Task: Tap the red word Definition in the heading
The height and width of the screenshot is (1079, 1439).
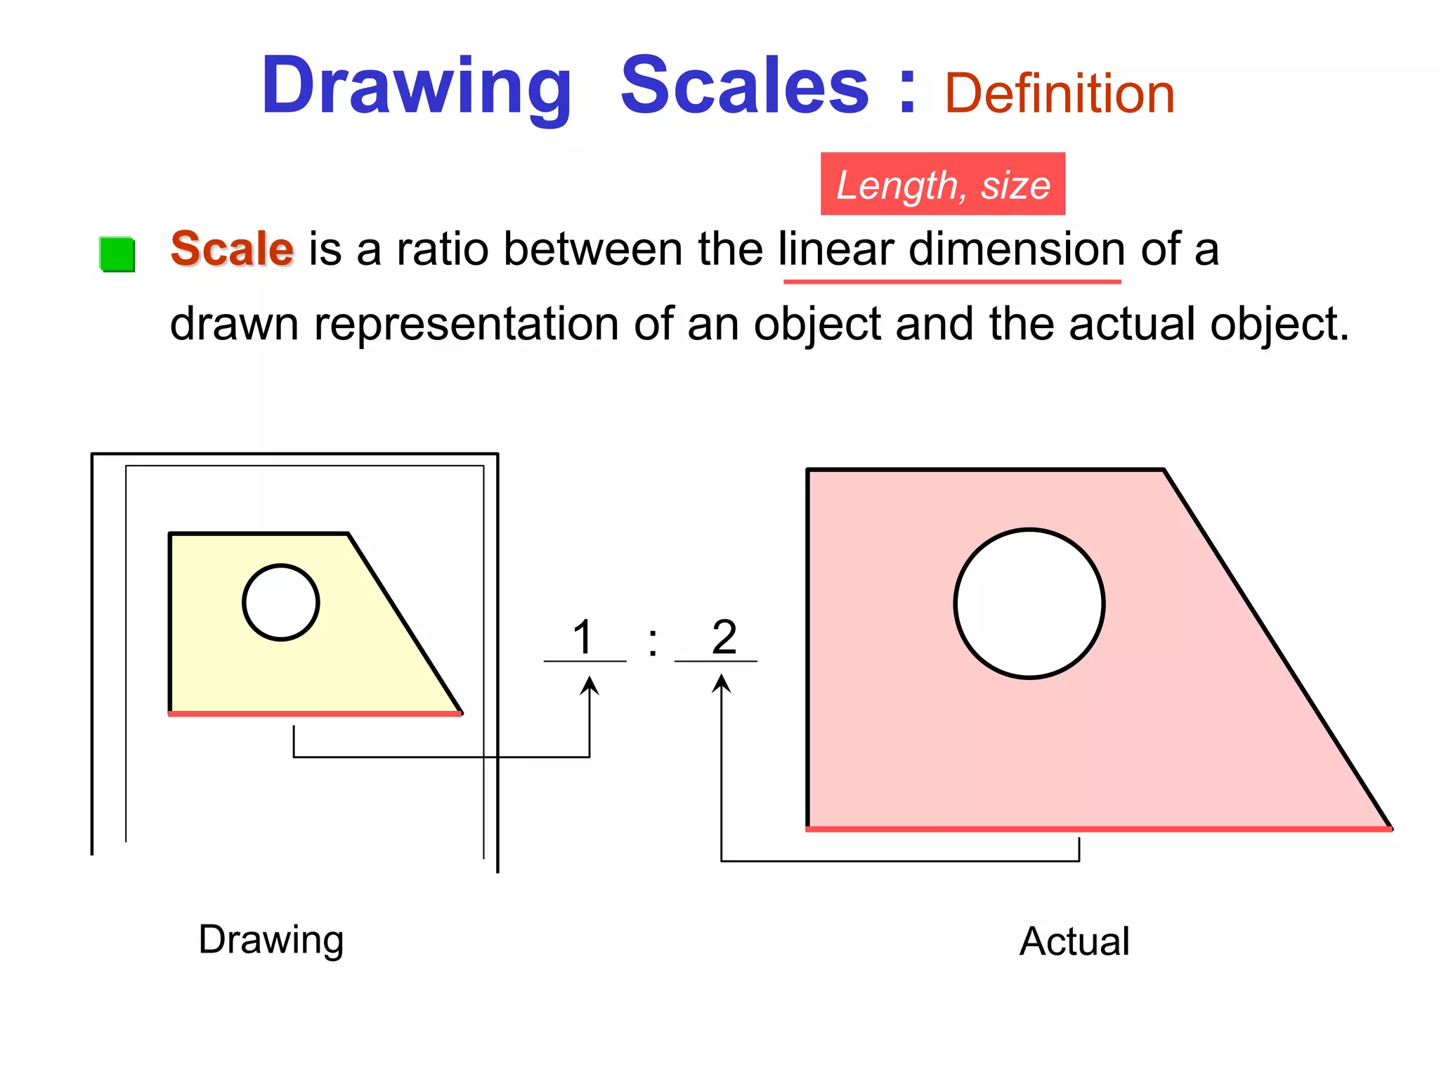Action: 1059,94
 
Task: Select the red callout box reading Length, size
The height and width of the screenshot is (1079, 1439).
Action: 942,184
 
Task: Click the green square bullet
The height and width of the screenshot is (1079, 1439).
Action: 117,254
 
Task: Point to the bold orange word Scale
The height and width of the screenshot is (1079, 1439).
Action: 232,249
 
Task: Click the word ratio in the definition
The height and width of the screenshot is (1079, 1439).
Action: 443,249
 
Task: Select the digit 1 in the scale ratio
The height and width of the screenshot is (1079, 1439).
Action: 583,638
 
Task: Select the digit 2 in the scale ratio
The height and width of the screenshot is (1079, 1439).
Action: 724,637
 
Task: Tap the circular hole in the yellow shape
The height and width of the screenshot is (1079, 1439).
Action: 281,603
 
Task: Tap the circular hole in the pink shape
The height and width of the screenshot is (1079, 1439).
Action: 1029,603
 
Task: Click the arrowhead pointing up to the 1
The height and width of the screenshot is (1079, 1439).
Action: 590,684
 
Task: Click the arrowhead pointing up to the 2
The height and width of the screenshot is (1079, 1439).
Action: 722,683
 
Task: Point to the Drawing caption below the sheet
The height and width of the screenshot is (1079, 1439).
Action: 271,940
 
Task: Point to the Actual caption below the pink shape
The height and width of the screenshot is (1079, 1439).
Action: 1074,941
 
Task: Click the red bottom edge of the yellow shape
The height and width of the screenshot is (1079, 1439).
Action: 315,714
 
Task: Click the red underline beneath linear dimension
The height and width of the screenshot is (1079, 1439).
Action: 951,282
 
